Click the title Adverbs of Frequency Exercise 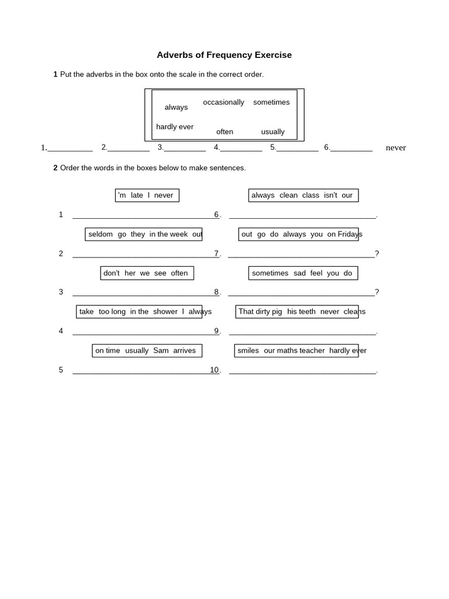click(x=224, y=55)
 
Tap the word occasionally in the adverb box click(x=223, y=102)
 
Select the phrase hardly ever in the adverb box click(x=175, y=127)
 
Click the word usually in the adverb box click(x=272, y=132)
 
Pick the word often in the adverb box click(x=224, y=132)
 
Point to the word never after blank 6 click(x=396, y=147)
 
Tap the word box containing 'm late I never click(x=147, y=195)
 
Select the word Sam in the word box click(x=161, y=350)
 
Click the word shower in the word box click(x=165, y=312)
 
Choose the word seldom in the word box click(x=101, y=234)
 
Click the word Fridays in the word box click(x=350, y=234)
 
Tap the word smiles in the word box click(x=248, y=350)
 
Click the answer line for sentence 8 click(x=301, y=295)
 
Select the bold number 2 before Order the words click(x=56, y=168)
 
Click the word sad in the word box click(x=299, y=273)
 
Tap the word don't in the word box click(x=111, y=273)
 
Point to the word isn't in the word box click(x=330, y=195)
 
